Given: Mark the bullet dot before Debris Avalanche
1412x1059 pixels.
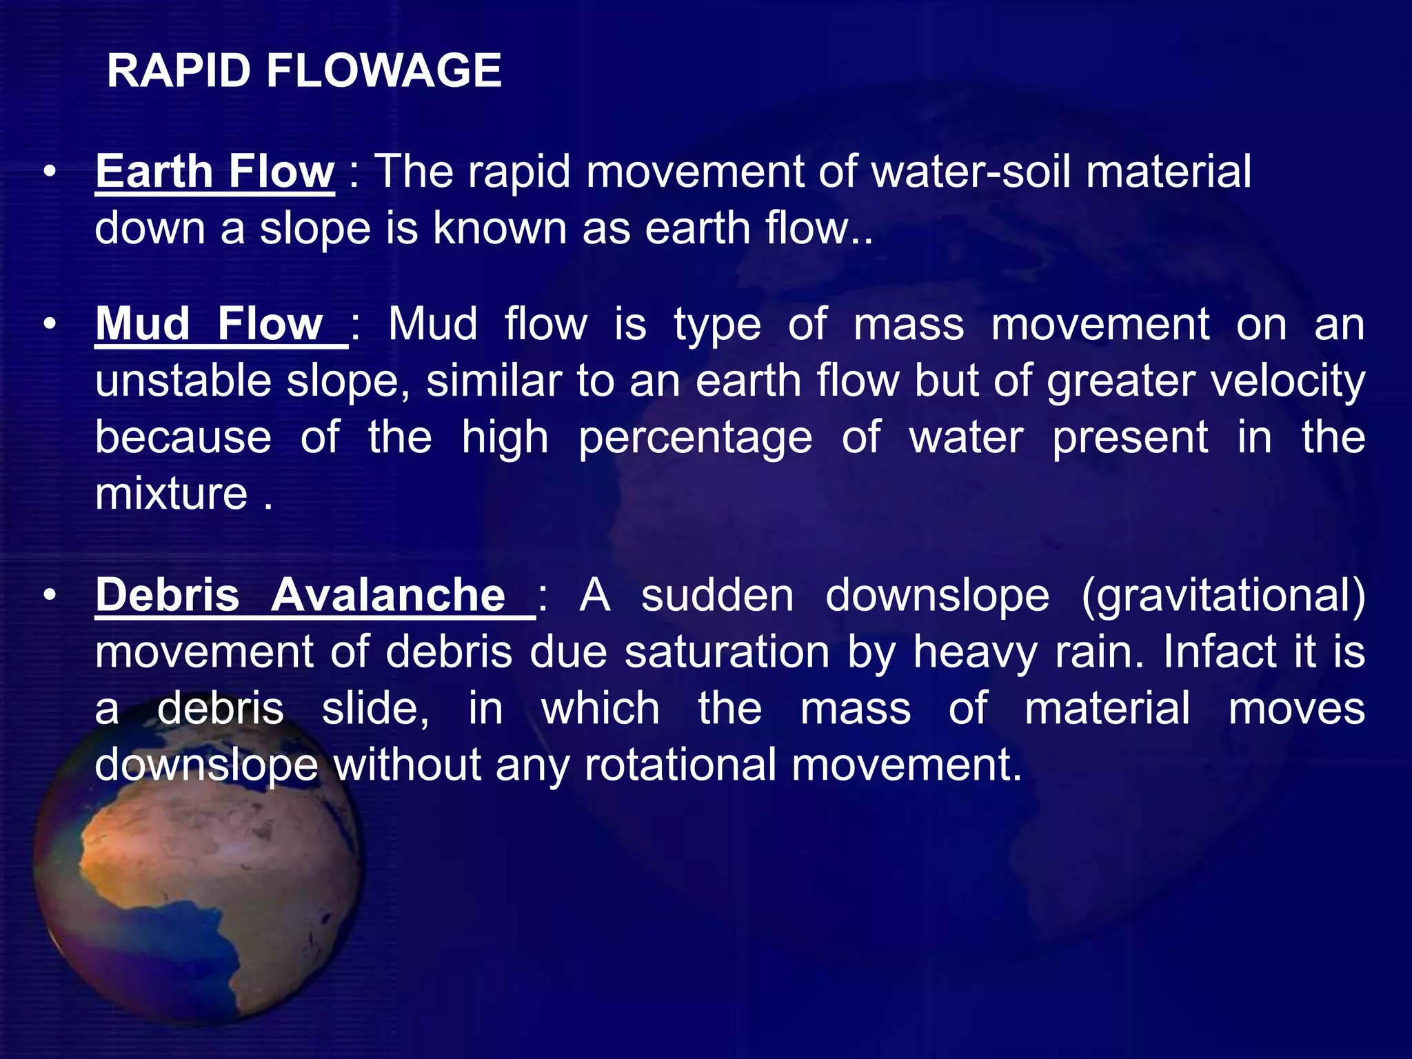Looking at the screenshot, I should (49, 596).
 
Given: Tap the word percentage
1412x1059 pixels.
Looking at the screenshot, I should (695, 438).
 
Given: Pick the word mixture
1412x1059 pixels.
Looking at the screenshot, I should (171, 494).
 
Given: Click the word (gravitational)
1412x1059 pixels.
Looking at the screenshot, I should (1223, 596).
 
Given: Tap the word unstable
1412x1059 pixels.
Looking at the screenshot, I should (183, 381).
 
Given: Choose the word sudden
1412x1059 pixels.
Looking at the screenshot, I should (717, 596).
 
